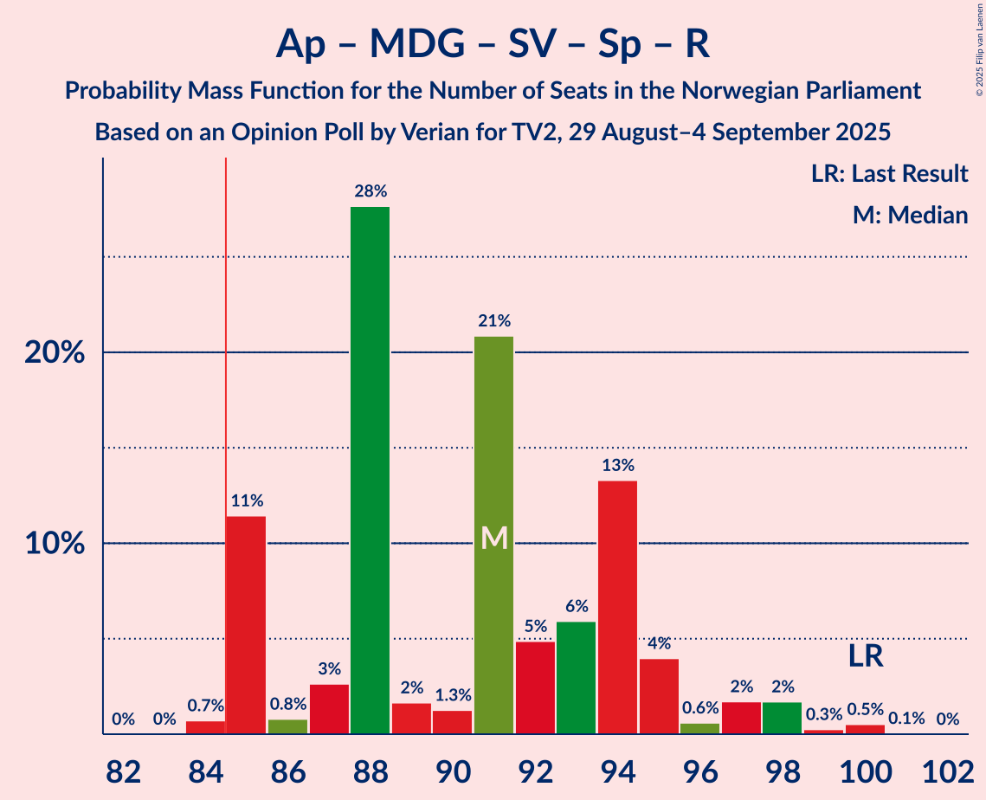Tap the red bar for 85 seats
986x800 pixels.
pos(246,625)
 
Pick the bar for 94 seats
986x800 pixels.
pos(617,607)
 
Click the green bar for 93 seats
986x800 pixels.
pos(576,678)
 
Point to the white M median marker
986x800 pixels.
pos(493,539)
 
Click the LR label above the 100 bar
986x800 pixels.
pos(865,655)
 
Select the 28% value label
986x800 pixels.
pos(370,191)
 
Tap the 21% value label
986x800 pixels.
pos(493,321)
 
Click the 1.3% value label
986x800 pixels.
pos(452,695)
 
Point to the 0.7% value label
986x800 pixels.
pos(205,706)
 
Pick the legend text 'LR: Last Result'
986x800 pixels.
pos(889,174)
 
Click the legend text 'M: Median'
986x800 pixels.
pos(910,215)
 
